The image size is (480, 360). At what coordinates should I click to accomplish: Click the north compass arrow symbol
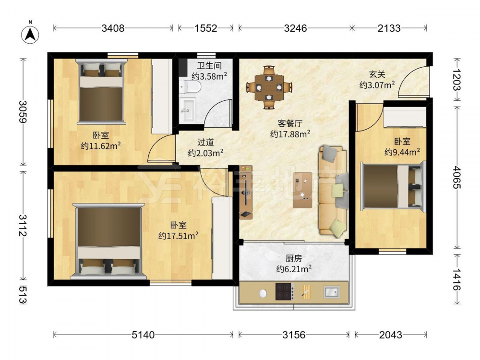[x=30, y=34]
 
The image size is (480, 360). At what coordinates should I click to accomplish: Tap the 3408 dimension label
[x=113, y=28]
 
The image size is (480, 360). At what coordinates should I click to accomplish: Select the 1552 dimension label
[x=206, y=28]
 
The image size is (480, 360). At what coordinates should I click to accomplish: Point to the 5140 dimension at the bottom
[x=143, y=335]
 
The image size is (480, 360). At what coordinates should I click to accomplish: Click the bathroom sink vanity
[x=187, y=110]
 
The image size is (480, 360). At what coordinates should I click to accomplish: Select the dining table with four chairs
[x=269, y=87]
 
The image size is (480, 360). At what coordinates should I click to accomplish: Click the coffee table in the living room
[x=302, y=190]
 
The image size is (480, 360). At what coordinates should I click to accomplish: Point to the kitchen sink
[x=332, y=292]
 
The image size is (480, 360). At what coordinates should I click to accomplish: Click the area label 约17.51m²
[x=179, y=236]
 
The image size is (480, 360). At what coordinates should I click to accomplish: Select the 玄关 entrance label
[x=377, y=74]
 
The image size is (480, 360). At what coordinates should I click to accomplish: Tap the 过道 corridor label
[x=205, y=143]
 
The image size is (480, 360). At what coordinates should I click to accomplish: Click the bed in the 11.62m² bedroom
[x=101, y=91]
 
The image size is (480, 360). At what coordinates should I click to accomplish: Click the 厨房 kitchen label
[x=294, y=259]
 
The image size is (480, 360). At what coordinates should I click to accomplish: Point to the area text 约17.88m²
[x=290, y=134]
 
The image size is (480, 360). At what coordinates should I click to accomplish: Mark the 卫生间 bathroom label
[x=209, y=65]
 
